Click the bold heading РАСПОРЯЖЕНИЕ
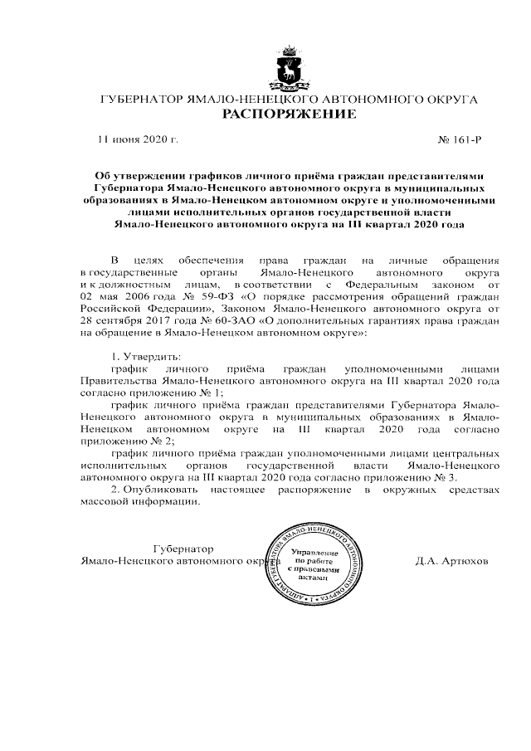coord(288,114)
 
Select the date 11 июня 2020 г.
coord(138,140)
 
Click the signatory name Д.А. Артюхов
coord(452,561)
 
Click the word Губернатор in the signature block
coord(184,549)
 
